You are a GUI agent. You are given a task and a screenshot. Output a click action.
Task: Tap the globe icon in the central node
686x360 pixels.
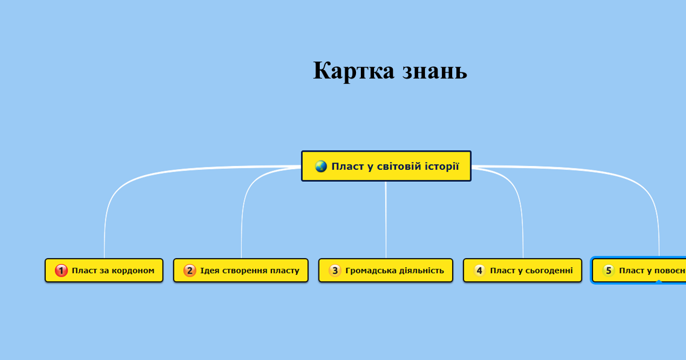[321, 166]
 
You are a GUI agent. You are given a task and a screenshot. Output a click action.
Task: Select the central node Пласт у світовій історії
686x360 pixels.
[386, 166]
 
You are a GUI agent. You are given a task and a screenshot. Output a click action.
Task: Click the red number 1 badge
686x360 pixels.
[61, 271]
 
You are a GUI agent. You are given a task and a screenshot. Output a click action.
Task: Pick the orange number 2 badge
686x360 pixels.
[190, 271]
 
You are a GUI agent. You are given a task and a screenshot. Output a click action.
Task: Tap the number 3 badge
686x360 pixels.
[335, 271]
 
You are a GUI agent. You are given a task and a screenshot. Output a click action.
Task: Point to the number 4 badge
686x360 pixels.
[479, 271]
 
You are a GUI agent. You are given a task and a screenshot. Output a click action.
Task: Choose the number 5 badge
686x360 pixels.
[609, 271]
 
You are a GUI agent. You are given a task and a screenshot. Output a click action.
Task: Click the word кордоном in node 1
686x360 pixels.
[133, 271]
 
